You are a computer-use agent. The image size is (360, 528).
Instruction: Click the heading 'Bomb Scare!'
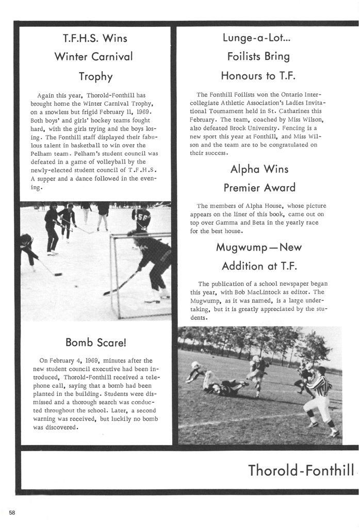tap(95, 342)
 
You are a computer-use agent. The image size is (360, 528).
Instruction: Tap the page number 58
tap(12, 511)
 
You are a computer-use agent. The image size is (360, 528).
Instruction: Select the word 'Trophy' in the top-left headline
tap(95, 76)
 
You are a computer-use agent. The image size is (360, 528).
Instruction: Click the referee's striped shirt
tap(320, 385)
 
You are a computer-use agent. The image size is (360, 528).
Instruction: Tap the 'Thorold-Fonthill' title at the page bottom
tap(301, 470)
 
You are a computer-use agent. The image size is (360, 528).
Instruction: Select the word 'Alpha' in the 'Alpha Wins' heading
tap(246, 169)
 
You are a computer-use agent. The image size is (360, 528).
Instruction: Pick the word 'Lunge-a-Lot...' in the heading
tap(258, 37)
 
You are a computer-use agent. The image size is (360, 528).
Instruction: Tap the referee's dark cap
tap(321, 370)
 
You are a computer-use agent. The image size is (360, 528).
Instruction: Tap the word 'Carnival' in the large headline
tap(109, 56)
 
